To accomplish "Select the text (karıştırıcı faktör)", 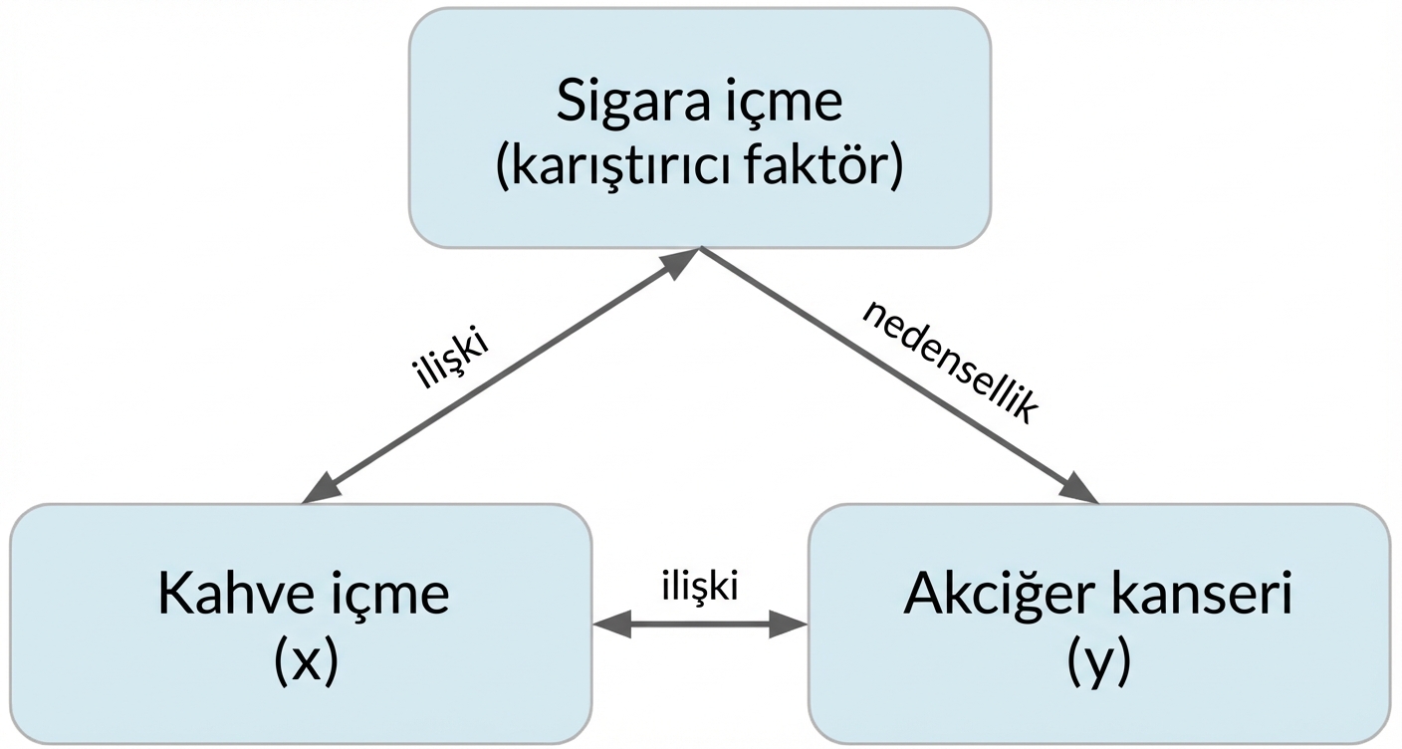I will tap(699, 168).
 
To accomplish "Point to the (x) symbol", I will tap(305, 661).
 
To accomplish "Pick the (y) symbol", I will tap(1098, 661).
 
